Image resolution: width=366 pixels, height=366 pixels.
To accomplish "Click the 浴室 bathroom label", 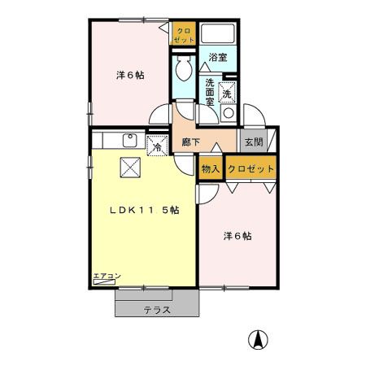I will click(216, 58).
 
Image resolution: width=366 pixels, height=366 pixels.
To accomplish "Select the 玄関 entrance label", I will click(252, 142).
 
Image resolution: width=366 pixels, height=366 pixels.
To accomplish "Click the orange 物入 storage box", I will click(211, 169).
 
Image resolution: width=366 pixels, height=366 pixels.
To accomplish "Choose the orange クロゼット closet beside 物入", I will click(251, 169).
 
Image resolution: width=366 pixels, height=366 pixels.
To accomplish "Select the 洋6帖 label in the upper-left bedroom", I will click(130, 76).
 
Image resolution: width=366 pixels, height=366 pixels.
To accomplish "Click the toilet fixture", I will click(183, 70).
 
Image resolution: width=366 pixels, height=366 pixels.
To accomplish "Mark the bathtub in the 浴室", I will click(217, 35).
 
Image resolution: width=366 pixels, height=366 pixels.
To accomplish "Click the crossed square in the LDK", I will click(130, 168).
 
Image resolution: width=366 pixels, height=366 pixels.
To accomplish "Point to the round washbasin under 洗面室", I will click(229, 113).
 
